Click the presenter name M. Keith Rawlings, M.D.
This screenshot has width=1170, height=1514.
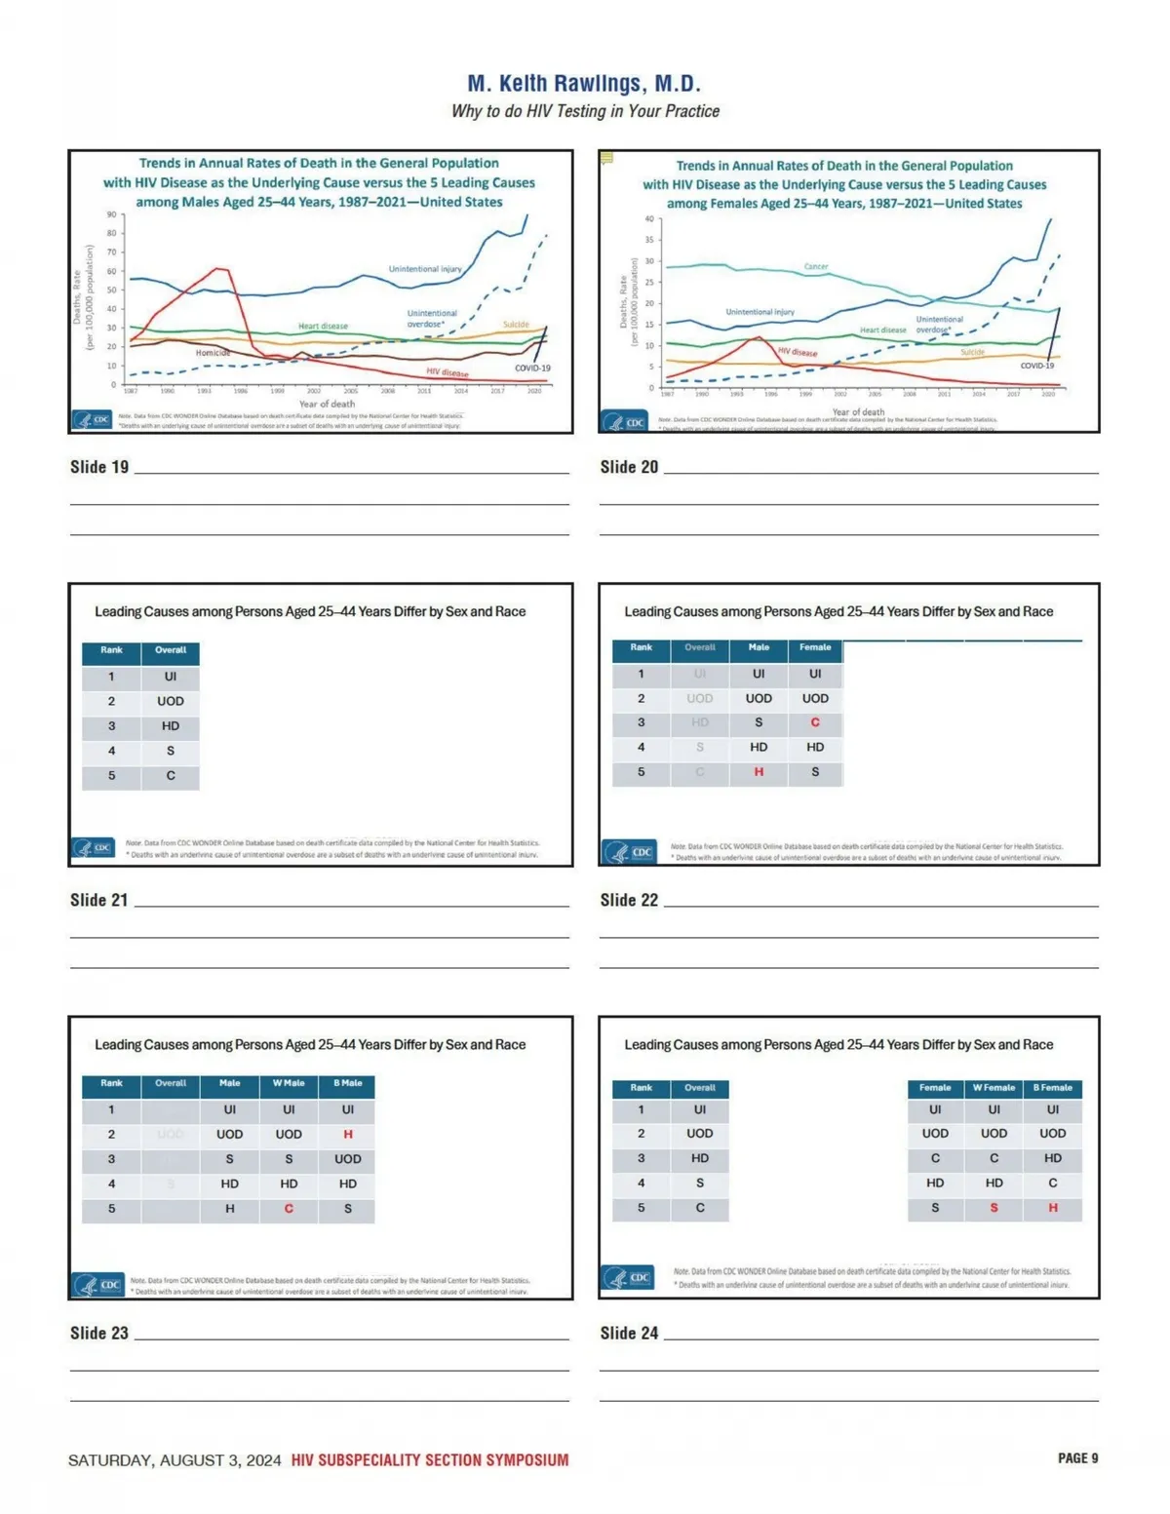coord(584,84)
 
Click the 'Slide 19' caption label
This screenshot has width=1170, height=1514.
coord(99,467)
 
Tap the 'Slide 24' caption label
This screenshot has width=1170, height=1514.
coord(629,1333)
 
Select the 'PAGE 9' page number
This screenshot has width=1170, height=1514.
coord(1077,1458)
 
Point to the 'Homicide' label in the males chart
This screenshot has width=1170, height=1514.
coord(213,353)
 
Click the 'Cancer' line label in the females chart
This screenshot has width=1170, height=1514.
coord(816,266)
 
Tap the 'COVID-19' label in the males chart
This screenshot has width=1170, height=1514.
coord(532,369)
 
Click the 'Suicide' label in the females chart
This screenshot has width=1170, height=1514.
coord(972,352)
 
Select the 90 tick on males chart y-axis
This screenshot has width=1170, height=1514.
coord(112,214)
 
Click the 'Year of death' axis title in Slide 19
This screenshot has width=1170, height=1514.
coord(327,404)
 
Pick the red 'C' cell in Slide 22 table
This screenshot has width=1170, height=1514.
coord(815,722)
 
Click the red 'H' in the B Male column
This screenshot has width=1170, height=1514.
coord(348,1135)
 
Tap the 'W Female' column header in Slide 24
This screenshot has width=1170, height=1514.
coord(994,1088)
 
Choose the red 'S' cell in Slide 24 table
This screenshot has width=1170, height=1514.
coord(994,1208)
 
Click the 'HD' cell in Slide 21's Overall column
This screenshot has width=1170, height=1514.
coord(171,726)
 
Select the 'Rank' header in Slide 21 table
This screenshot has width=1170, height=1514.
coord(111,650)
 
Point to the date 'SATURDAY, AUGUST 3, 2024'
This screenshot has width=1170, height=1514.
coord(175,1460)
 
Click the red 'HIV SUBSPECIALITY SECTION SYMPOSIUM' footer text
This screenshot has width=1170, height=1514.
coord(430,1460)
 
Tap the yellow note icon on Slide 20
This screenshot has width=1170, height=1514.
coord(606,158)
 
